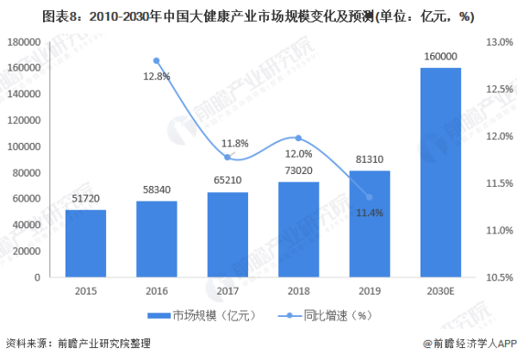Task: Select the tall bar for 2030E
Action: tap(440, 172)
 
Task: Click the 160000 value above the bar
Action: tap(440, 57)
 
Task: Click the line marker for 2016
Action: tap(157, 60)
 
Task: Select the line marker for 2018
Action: tap(298, 138)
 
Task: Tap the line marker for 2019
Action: tap(370, 196)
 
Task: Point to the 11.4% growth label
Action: tap(370, 213)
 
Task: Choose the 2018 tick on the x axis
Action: tap(298, 290)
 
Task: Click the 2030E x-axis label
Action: tap(440, 290)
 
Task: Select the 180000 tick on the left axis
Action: tap(28, 41)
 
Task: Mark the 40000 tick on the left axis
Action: tap(30, 225)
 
